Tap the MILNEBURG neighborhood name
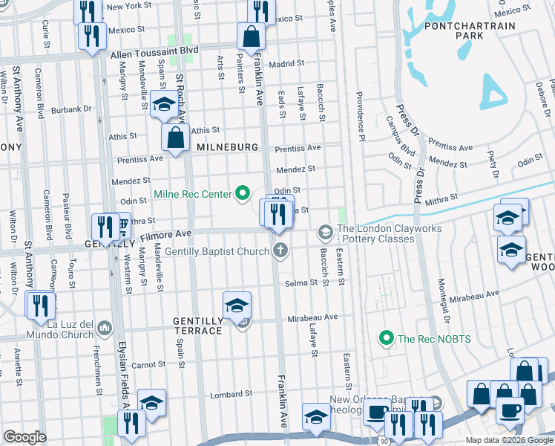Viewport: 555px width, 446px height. coord(227,149)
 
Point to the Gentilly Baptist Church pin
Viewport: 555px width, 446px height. coord(280,251)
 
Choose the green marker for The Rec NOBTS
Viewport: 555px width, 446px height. coord(386,339)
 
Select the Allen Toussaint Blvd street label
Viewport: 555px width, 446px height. coord(156,54)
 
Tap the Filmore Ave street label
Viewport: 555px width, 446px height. coord(167,233)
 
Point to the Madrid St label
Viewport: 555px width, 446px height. coord(282,64)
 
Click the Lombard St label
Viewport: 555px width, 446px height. coord(227,395)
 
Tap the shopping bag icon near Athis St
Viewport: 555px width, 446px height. coord(176,138)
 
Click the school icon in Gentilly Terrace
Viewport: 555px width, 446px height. coord(237,305)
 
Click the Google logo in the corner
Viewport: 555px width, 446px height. coord(24,437)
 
